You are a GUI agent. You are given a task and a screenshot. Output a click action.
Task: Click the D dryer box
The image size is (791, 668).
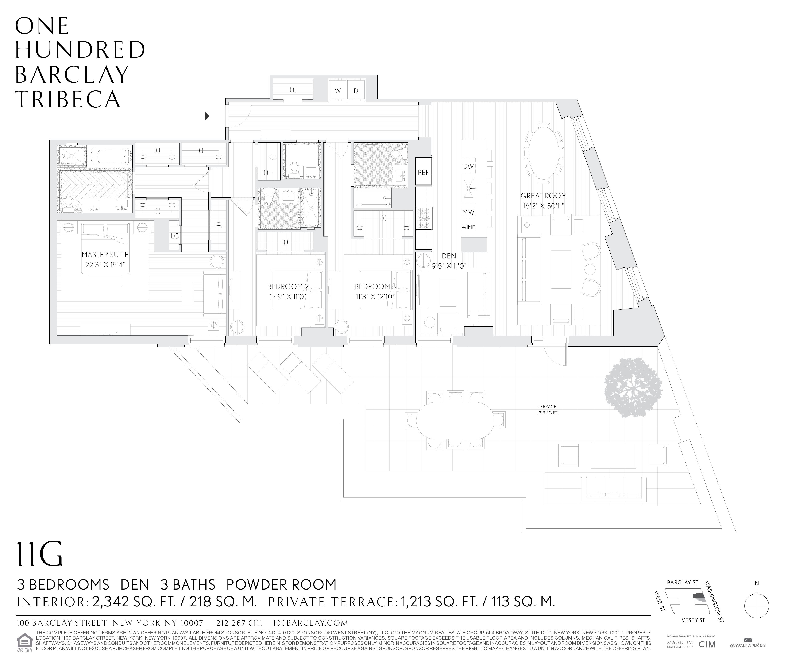pos(356,91)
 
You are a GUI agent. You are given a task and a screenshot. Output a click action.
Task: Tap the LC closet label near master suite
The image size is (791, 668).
pos(175,236)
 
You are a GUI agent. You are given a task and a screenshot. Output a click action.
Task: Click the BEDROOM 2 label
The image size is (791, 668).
pos(288,287)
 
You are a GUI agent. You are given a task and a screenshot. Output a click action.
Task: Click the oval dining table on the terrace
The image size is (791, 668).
pos(455,420)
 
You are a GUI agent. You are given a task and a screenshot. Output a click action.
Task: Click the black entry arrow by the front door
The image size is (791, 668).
pos(207,116)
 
